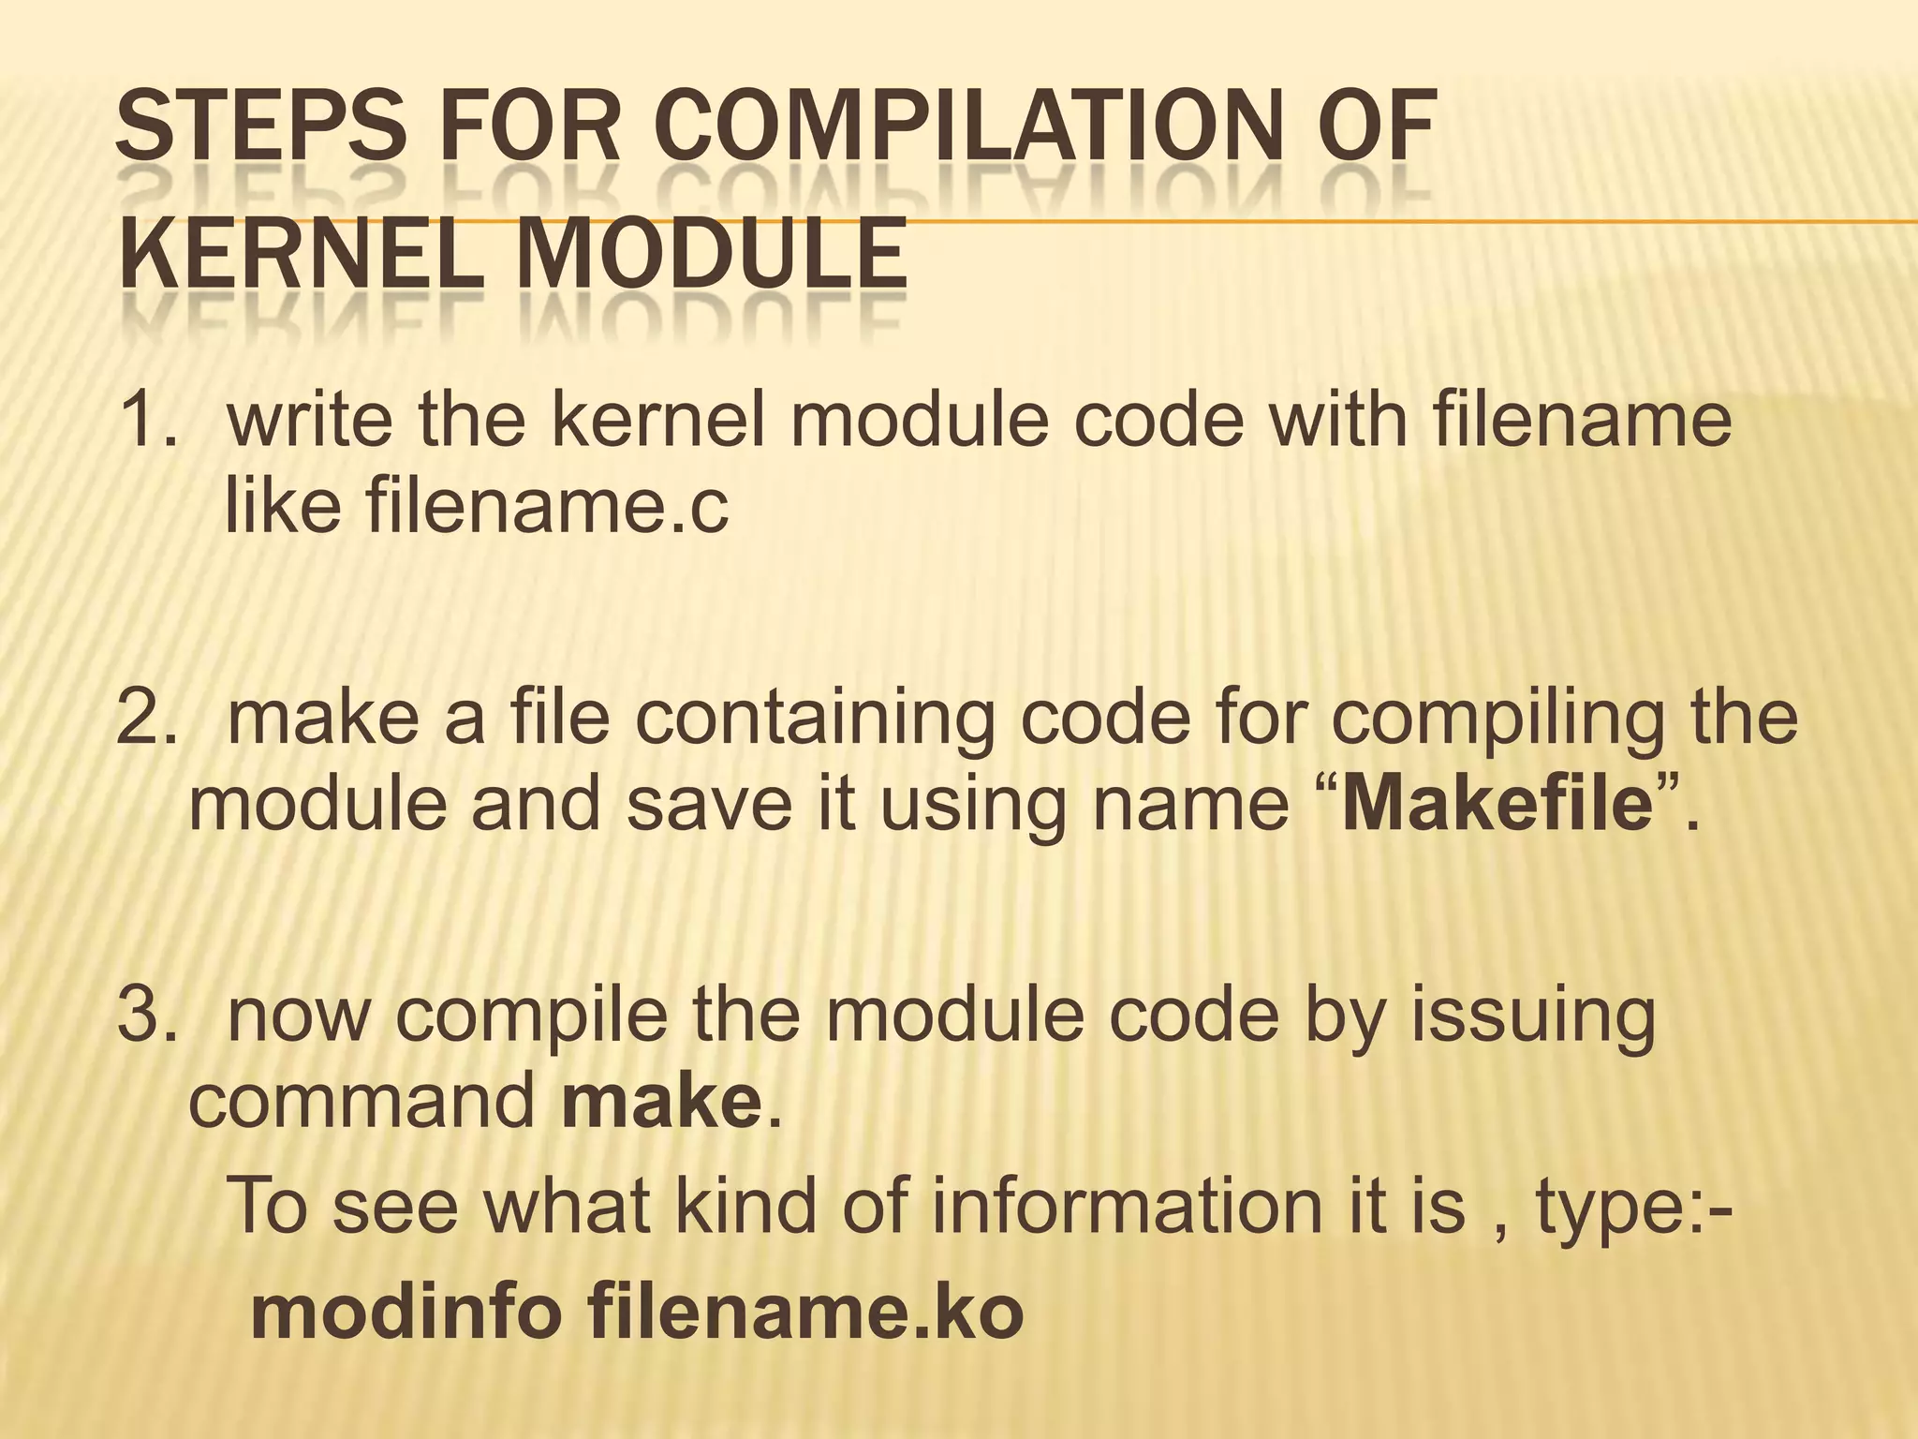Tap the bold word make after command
coord(661,1103)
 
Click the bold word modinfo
coord(406,1313)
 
